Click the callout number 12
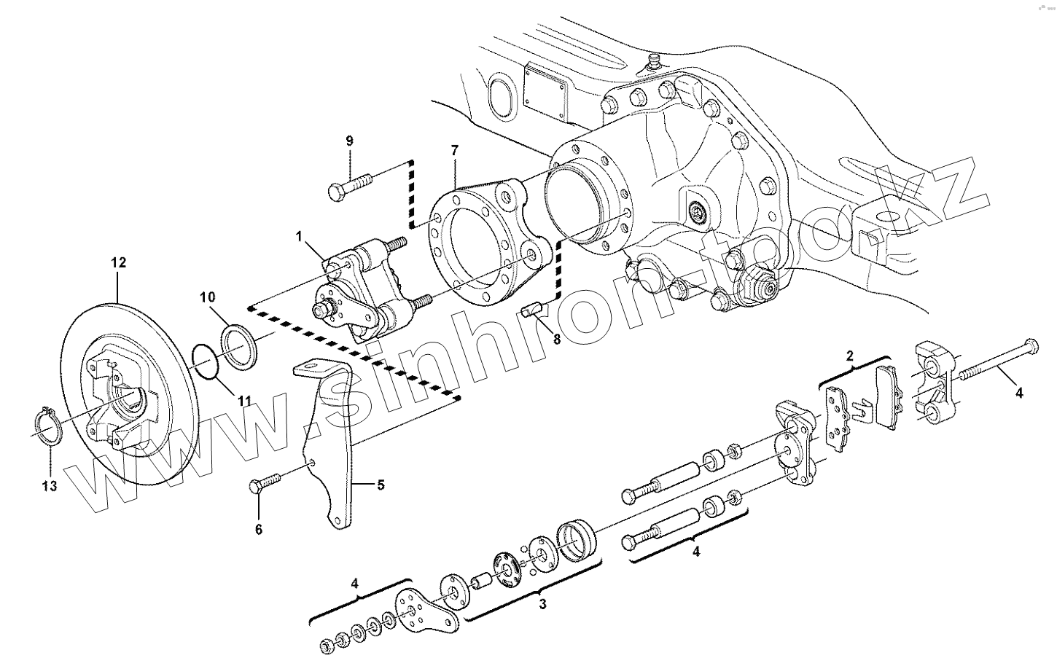click(118, 262)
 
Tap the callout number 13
click(50, 487)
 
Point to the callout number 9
click(349, 140)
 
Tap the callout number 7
click(455, 151)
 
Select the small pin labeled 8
click(532, 310)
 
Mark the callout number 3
click(542, 604)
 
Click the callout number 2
click(850, 356)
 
